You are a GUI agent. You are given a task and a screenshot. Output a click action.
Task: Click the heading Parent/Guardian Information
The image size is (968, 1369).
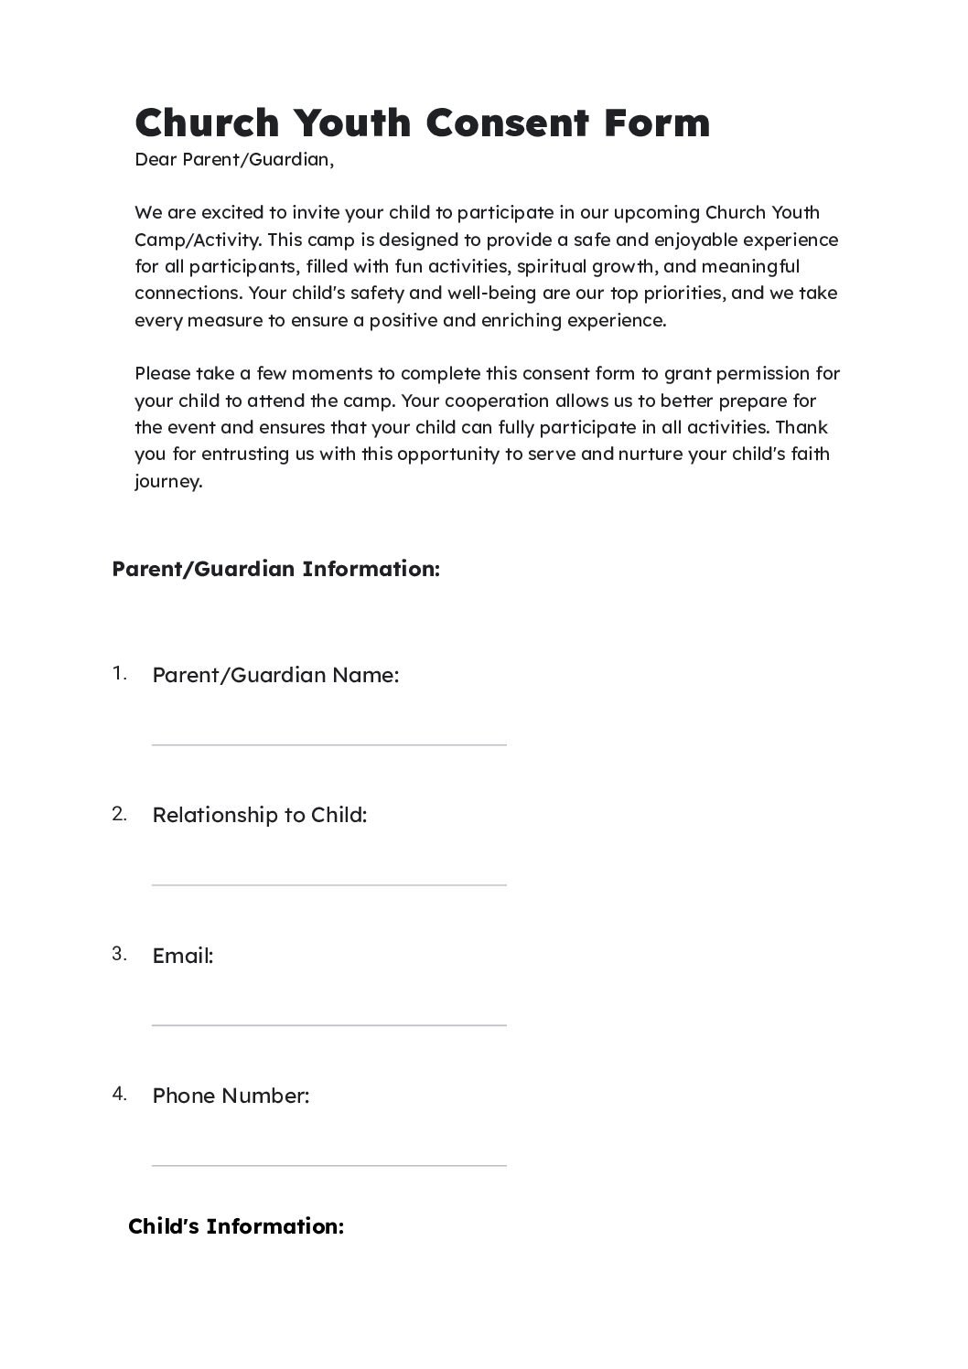tap(275, 569)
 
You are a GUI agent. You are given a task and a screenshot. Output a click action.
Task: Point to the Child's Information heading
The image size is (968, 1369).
tap(236, 1226)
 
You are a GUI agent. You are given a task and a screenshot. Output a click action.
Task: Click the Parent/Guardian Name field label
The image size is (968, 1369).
tap(275, 676)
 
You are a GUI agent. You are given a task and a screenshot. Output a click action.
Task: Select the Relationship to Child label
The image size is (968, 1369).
tap(259, 815)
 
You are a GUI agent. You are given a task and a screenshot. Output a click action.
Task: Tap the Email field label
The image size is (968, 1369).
tap(182, 956)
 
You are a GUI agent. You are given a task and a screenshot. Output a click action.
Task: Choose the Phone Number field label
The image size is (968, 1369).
tap(231, 1096)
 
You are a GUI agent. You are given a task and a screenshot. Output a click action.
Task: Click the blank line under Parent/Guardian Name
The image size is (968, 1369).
tap(328, 744)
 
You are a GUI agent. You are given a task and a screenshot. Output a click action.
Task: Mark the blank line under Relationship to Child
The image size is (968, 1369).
tap(328, 884)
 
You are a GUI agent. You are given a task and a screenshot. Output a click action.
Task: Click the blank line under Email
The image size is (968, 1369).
tap(328, 1024)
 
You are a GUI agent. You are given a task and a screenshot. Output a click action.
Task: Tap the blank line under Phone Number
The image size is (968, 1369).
tap(328, 1164)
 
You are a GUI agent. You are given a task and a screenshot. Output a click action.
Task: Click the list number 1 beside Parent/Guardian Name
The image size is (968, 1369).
tap(119, 674)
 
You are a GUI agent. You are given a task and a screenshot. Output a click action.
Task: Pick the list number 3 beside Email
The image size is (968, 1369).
tap(119, 954)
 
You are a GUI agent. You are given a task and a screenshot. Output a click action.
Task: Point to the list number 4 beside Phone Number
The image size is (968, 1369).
tap(119, 1094)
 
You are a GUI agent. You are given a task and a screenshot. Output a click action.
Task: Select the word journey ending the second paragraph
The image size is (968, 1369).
tap(167, 482)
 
